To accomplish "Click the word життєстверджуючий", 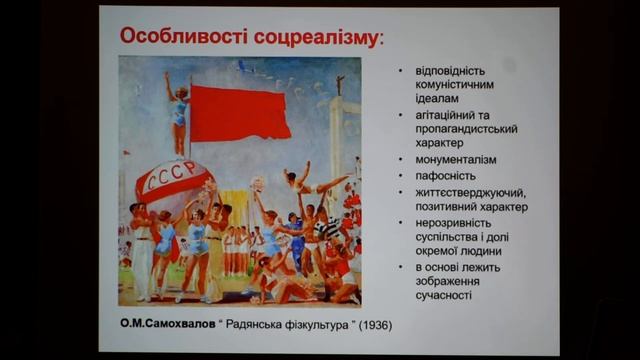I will (x=470, y=191).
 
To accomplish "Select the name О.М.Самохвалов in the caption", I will (x=167, y=327).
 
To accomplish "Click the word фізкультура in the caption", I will (x=310, y=327).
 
